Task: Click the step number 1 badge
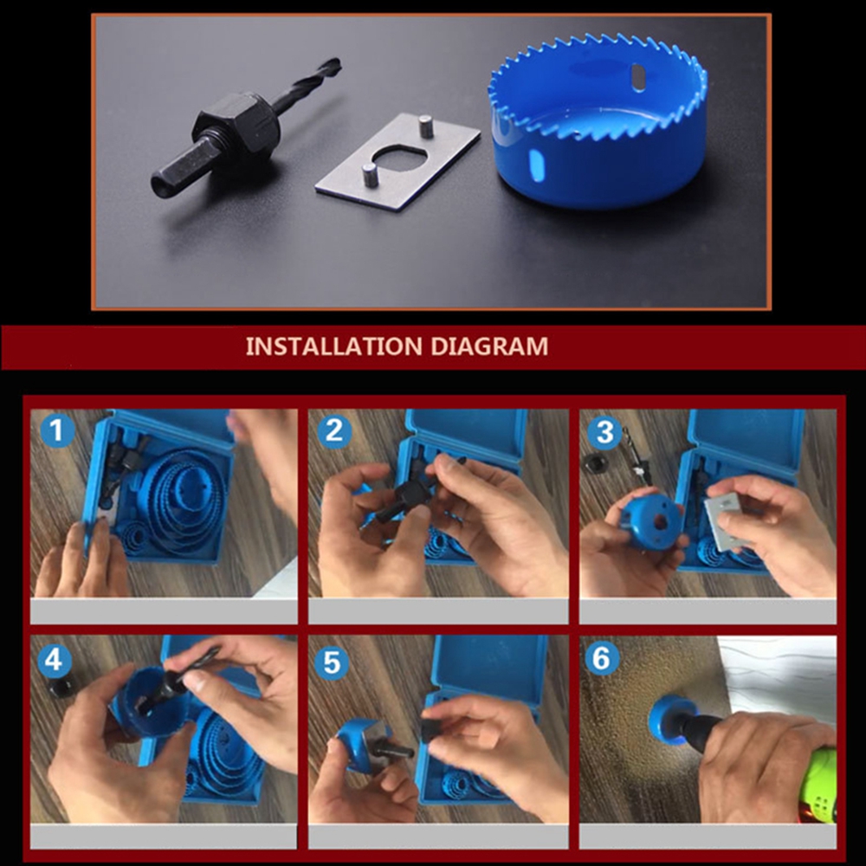pos(57,430)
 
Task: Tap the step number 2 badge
pos(333,430)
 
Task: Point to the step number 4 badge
pos(54,660)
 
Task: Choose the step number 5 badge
pos(331,662)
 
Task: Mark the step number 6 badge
pos(602,658)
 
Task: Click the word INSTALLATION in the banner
pos(334,346)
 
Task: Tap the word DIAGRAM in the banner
pos(489,346)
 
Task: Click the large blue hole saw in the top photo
pos(598,121)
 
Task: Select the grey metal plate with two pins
pos(397,161)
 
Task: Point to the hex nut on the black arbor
pos(237,124)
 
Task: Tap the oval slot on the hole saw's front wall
pos(536,164)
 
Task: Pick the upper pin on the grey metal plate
pos(425,126)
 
